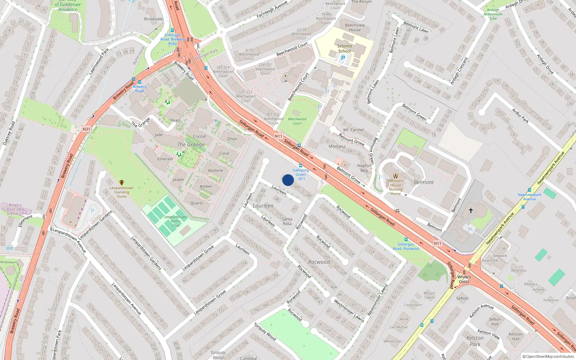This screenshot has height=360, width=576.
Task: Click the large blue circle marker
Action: [288, 180]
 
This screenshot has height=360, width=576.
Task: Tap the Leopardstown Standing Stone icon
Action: [122, 183]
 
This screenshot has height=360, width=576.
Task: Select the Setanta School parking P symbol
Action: [343, 58]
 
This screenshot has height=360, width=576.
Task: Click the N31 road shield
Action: [86, 129]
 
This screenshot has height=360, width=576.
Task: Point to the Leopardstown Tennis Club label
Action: [176, 221]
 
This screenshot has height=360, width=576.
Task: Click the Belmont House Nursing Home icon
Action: [396, 176]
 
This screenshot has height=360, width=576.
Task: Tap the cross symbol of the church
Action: [471, 210]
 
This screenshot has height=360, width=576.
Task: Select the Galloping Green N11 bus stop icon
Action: [301, 166]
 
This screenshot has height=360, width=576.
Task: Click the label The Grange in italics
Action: [191, 144]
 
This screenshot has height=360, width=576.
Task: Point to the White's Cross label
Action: [464, 279]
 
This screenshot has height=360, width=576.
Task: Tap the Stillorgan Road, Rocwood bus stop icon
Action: [406, 239]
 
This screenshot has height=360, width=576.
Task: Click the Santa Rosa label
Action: [287, 221]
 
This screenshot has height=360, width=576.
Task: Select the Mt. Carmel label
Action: [354, 130]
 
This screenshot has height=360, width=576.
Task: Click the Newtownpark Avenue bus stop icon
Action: [530, 190]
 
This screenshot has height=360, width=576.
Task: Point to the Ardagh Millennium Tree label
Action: [493, 14]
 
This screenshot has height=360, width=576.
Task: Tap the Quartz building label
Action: [197, 203]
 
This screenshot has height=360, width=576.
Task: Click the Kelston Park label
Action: [475, 341]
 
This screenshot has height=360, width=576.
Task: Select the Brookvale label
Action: [153, 19]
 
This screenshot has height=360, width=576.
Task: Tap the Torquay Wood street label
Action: [265, 332]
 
